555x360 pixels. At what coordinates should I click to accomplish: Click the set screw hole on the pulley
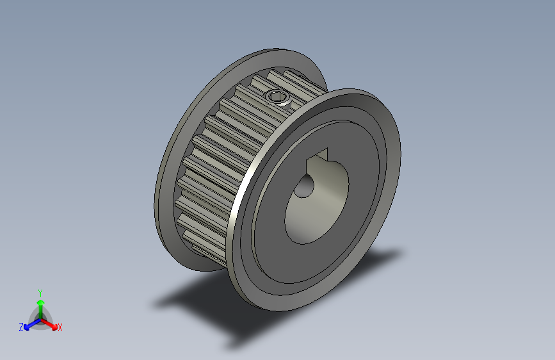(x=277, y=97)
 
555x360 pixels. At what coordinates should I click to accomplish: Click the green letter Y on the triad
(x=40, y=291)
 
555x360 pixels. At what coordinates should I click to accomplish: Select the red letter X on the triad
(x=60, y=327)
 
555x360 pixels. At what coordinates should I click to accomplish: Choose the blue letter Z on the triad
(x=20, y=327)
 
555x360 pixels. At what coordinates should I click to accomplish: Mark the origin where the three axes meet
(x=40, y=318)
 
